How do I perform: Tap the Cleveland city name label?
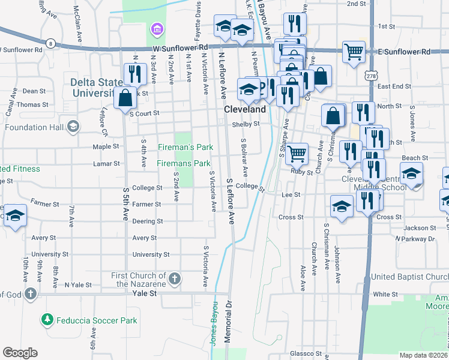pos(245,110)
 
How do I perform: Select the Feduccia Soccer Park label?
pos(97,320)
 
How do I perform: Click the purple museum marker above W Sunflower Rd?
pos(157,29)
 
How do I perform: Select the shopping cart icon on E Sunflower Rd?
pos(354,52)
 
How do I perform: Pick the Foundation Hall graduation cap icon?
pos(73,125)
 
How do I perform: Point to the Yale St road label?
pos(144,293)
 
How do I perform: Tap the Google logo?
pos(20,352)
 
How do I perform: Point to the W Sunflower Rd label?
pos(180,47)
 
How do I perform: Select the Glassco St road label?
pos(306,353)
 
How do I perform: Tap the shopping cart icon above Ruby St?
pos(297,154)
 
